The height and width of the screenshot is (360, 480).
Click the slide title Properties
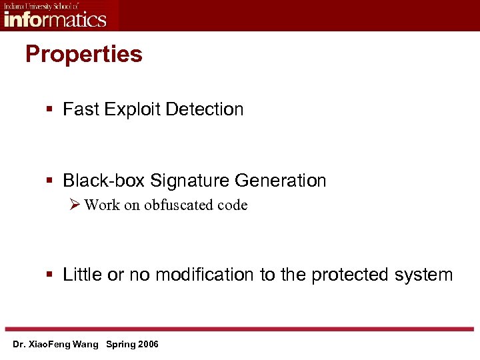84,54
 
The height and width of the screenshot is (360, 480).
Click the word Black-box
104,181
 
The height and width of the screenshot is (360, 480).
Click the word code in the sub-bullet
233,205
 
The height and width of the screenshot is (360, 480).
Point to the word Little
83,275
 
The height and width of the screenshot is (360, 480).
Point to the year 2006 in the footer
147,345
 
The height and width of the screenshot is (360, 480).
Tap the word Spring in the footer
120,345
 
